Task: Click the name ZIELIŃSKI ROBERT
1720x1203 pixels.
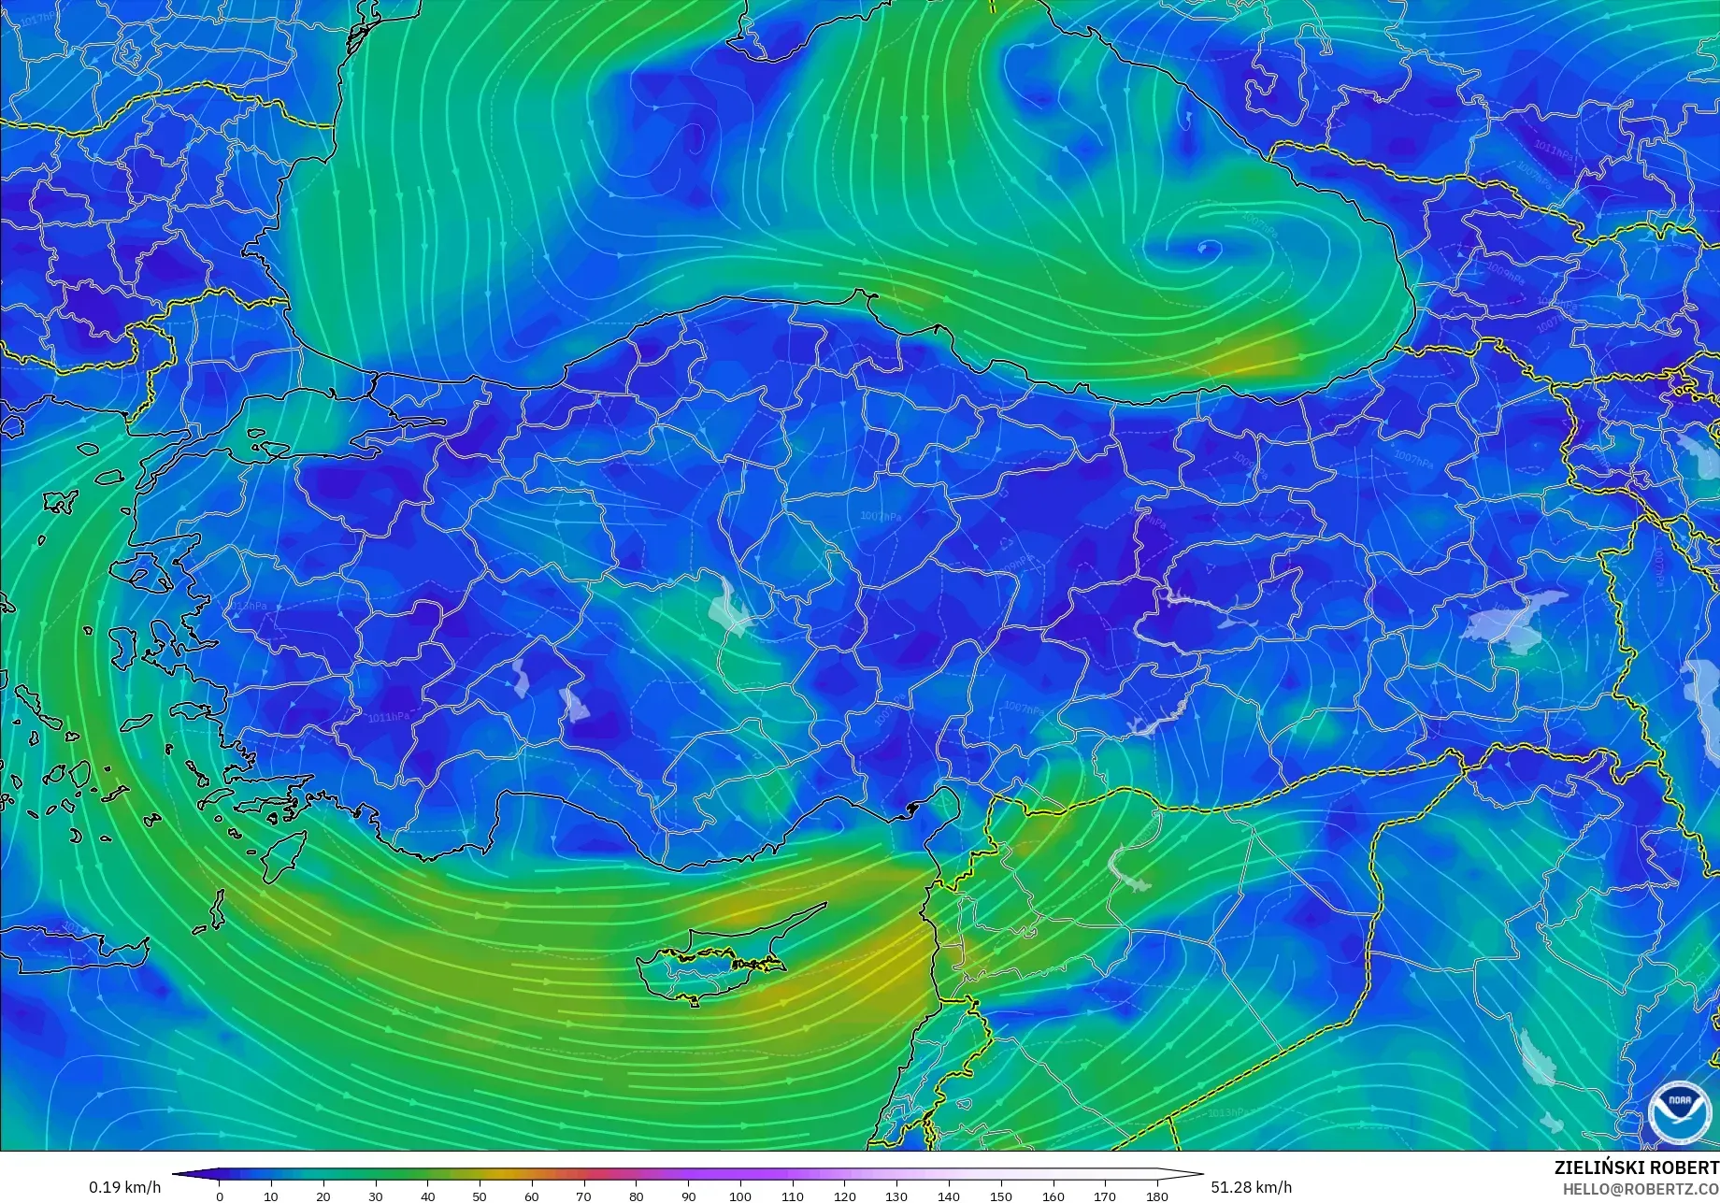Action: point(1636,1168)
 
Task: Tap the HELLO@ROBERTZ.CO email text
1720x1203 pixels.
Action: point(1641,1188)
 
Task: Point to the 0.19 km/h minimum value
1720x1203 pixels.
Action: point(125,1187)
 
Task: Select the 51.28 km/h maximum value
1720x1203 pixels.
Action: point(1252,1187)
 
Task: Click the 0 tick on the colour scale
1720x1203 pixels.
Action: point(220,1196)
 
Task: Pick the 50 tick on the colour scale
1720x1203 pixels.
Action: point(480,1196)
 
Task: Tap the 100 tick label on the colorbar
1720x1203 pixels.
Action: point(740,1196)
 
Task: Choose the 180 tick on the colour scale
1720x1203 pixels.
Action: point(1157,1196)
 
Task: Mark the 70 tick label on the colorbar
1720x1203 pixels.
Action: point(584,1196)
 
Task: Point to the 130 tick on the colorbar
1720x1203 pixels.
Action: point(896,1196)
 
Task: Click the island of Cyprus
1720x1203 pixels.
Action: point(720,958)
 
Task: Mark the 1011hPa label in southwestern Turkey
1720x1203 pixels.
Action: point(388,718)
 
